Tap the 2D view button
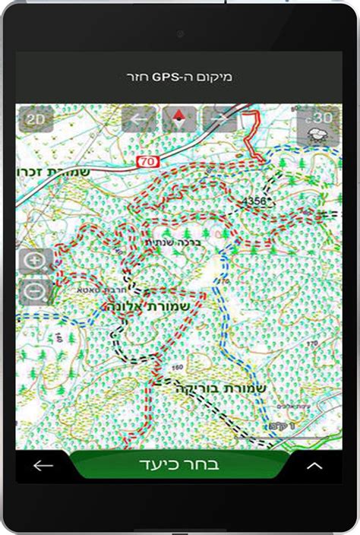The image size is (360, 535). point(35,119)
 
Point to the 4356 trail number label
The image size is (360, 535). point(254,200)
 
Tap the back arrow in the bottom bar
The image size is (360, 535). point(43,465)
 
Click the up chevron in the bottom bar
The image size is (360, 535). point(314,466)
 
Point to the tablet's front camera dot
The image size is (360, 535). point(180,33)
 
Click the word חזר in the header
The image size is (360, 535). point(137,77)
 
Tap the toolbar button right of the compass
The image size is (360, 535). point(219,119)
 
